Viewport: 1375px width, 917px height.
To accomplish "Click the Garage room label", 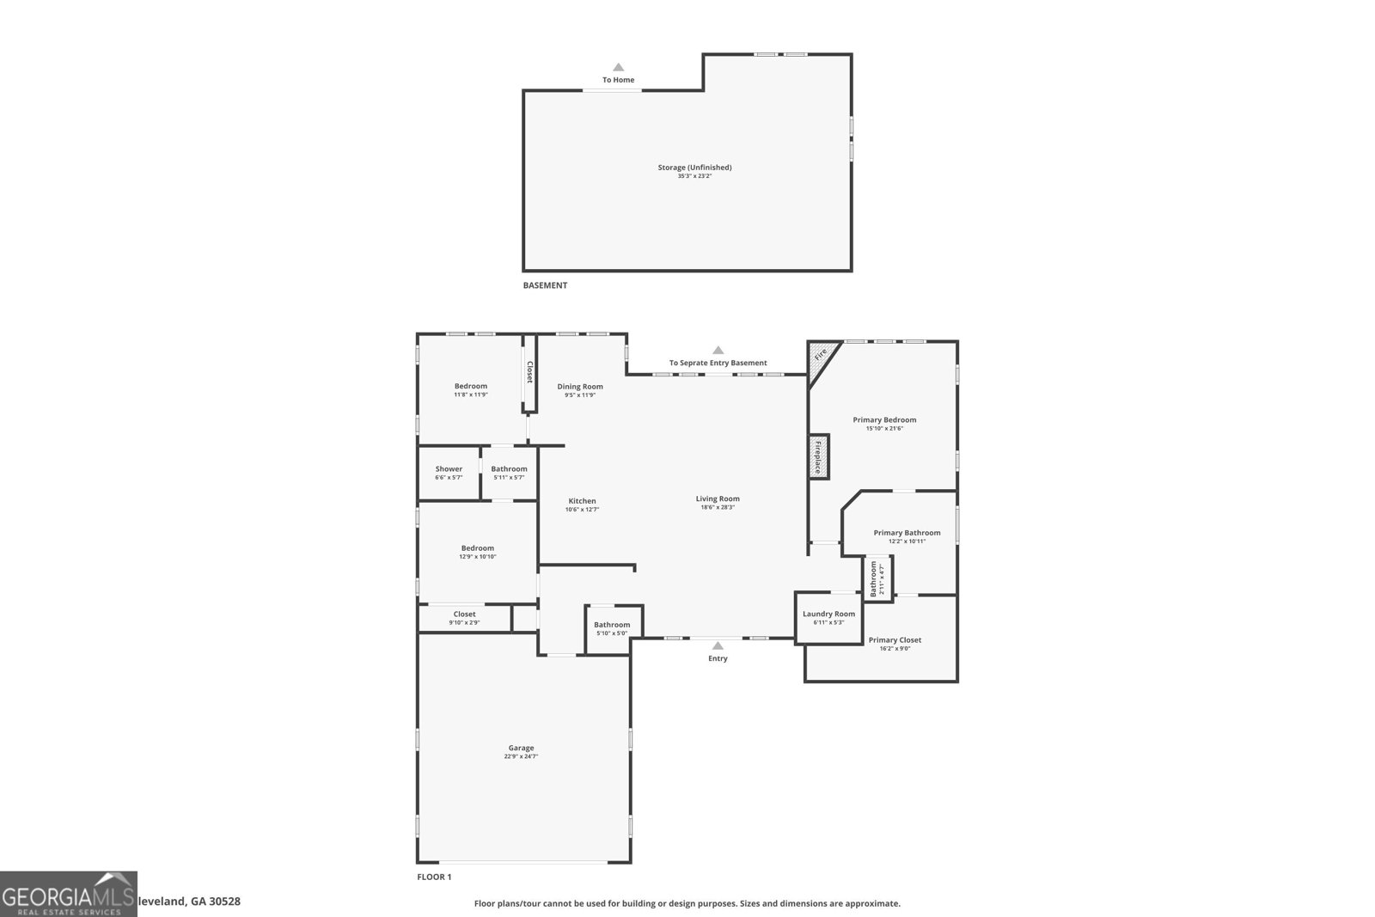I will [x=521, y=748].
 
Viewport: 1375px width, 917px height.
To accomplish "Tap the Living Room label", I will [x=718, y=498].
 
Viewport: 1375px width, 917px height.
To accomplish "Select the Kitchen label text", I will [x=582, y=501].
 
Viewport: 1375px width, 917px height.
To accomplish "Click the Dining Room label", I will [x=580, y=387].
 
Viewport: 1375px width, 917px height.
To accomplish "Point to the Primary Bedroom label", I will [x=884, y=420].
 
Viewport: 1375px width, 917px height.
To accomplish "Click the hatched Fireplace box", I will [x=818, y=456].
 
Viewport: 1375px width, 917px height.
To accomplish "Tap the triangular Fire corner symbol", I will [x=820, y=354].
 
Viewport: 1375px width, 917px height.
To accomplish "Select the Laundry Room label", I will [x=828, y=614].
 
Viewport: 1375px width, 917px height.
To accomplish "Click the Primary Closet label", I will [x=895, y=640].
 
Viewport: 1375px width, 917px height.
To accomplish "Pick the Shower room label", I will [x=449, y=469].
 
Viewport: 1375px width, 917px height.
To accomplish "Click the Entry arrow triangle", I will [x=718, y=645].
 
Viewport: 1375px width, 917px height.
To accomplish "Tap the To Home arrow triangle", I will [x=618, y=67].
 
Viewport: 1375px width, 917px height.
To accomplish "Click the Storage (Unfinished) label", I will [x=694, y=168].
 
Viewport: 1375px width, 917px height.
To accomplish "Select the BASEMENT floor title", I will [x=545, y=285].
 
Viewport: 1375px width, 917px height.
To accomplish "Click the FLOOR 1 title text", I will [x=434, y=877].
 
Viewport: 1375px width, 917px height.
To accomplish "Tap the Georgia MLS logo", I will [x=69, y=894].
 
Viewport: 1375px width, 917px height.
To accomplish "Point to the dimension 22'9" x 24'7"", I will [x=521, y=757].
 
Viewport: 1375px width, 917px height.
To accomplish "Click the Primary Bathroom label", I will [x=907, y=533].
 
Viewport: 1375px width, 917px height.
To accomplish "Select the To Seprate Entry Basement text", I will [x=718, y=363].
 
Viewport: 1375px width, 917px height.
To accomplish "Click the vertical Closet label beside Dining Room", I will [x=530, y=372].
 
